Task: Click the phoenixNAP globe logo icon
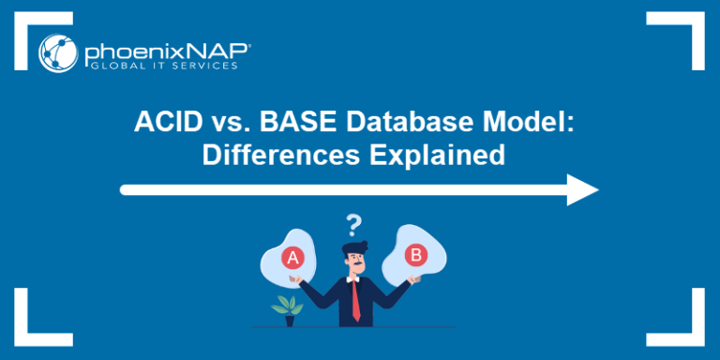58,52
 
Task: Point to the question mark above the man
353,225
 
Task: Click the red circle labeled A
292,257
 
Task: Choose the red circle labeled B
412,254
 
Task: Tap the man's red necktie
356,298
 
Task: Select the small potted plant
286,310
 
